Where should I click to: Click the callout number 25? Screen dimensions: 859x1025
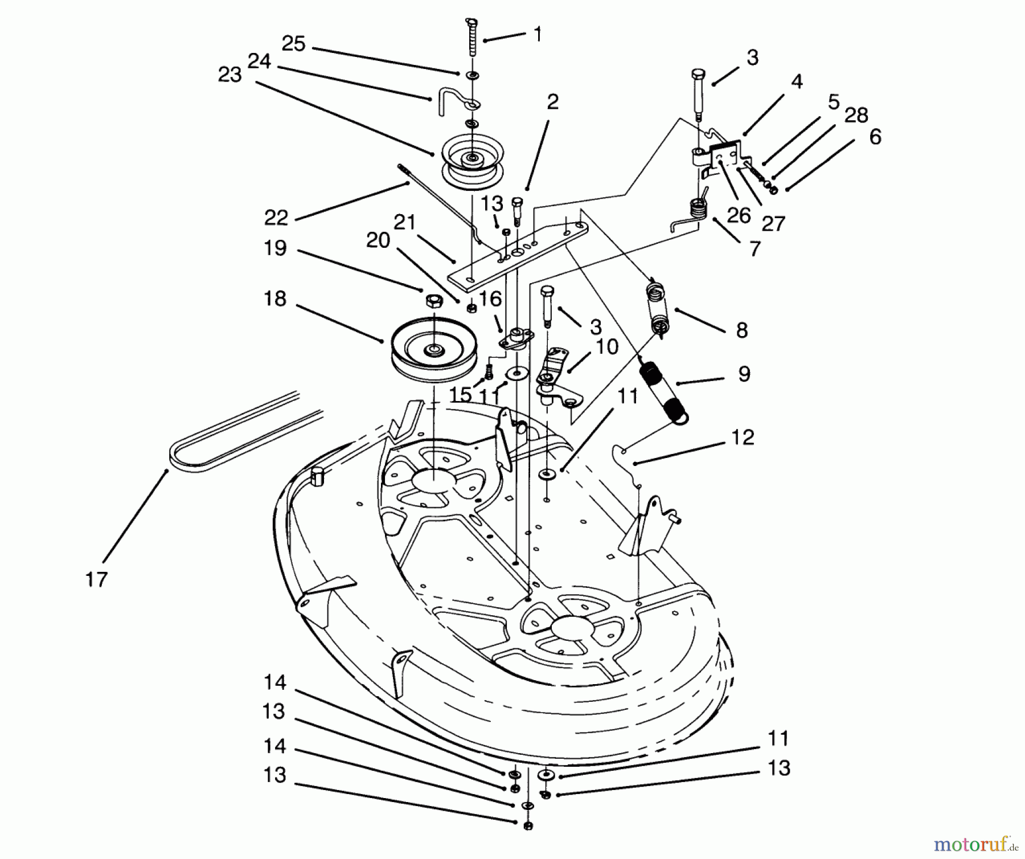(294, 44)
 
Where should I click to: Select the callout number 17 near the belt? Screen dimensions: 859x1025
(96, 579)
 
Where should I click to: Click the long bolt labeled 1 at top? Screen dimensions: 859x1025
(472, 38)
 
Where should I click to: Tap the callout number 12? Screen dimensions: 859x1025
(741, 437)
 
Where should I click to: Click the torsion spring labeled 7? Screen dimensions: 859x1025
(695, 214)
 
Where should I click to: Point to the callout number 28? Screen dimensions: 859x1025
(856, 116)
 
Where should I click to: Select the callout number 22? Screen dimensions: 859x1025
(276, 218)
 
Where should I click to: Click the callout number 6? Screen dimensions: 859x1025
(875, 137)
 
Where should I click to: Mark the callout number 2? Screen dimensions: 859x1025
(552, 103)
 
